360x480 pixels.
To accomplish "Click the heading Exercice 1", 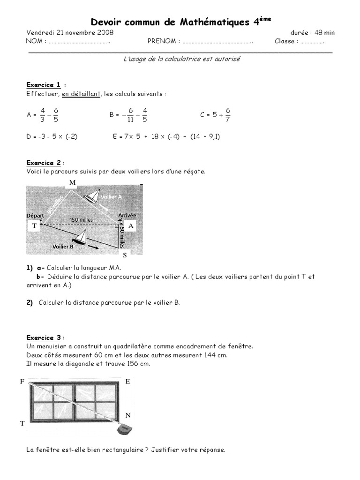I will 44,85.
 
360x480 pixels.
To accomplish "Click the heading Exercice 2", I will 44,163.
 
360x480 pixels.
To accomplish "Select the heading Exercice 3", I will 44,337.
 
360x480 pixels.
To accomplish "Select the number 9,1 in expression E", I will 212,137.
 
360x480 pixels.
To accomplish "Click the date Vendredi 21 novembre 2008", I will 70,33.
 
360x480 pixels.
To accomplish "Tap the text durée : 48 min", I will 313,33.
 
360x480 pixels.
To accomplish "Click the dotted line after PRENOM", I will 217,41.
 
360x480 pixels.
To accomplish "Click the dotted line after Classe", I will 312,41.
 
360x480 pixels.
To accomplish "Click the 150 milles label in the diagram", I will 81,219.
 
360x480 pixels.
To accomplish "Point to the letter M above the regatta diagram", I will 72,182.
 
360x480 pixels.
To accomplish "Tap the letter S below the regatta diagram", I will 125,255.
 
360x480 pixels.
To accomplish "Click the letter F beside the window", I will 22,382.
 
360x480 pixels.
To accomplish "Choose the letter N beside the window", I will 128,415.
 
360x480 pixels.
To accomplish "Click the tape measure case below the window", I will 124,429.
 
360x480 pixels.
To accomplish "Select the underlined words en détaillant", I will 81,94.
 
